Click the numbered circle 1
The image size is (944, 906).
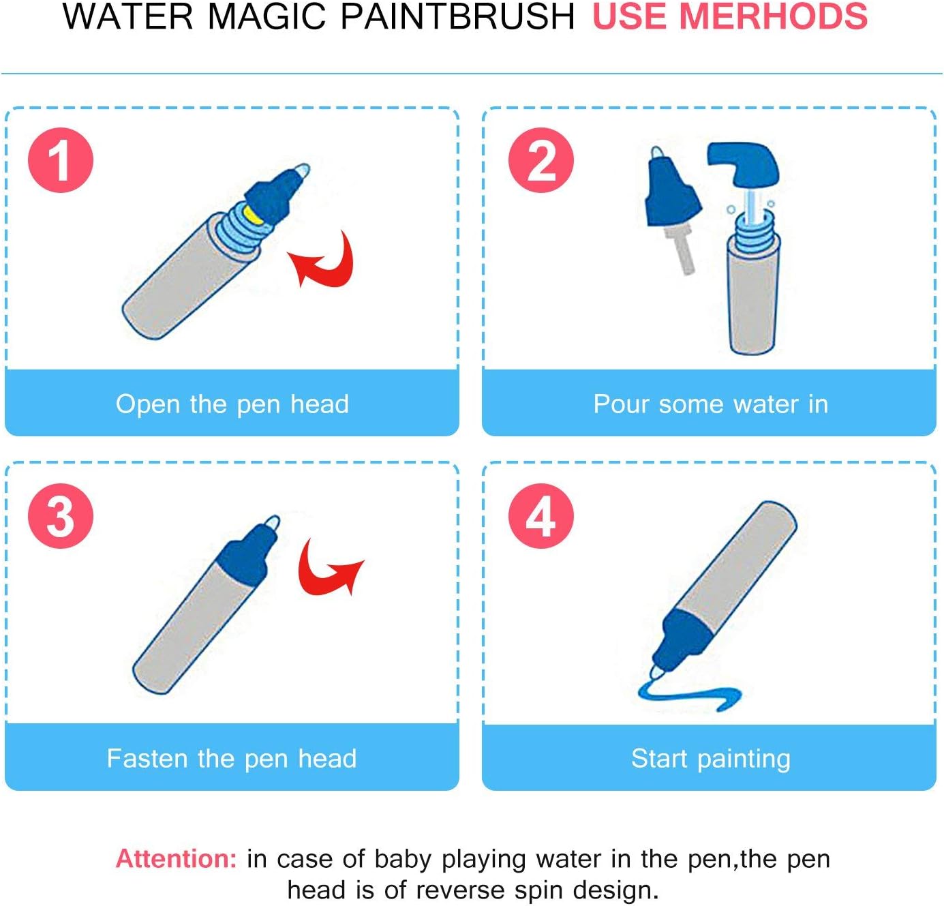[61, 160]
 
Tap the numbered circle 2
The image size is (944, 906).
[541, 160]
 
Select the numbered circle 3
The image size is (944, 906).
[61, 516]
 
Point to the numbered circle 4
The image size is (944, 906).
[541, 516]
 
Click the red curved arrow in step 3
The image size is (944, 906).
[320, 580]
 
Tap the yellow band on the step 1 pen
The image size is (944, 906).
[254, 215]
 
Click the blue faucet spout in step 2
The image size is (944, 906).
[744, 164]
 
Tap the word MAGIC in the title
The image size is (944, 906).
[267, 16]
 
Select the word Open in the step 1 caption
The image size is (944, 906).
[147, 404]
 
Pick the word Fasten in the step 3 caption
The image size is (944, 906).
[147, 759]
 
